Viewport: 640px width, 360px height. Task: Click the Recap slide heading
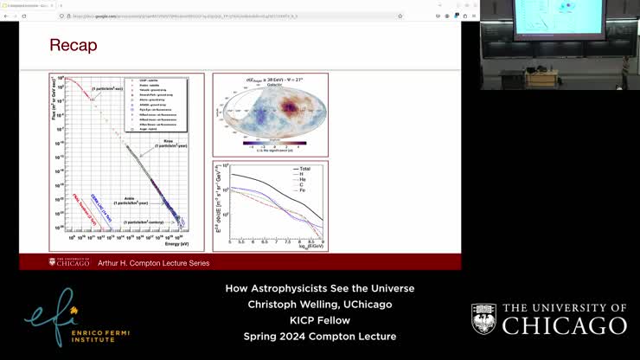74,46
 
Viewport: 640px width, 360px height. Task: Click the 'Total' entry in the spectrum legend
305,169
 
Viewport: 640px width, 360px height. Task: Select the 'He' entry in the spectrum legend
301,180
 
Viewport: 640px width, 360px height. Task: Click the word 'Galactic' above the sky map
270,86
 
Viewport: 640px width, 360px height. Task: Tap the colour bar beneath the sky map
270,143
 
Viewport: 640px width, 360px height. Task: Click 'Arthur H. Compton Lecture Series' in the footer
153,263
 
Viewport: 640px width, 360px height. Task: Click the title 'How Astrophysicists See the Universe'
319,288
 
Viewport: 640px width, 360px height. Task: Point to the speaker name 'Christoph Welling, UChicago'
319,305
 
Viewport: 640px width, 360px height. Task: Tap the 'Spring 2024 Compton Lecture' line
319,337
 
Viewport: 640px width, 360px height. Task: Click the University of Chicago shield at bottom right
483,318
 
